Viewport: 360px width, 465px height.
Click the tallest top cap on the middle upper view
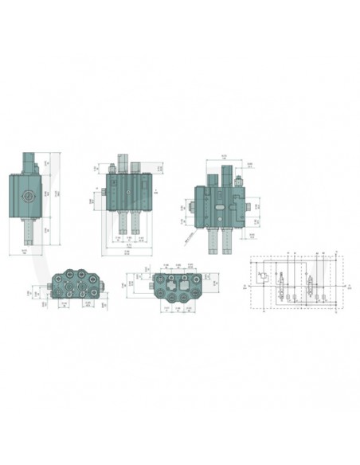(124, 162)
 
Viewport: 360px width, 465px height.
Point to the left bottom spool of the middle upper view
(120, 225)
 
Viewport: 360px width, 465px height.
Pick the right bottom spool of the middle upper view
(136, 225)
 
